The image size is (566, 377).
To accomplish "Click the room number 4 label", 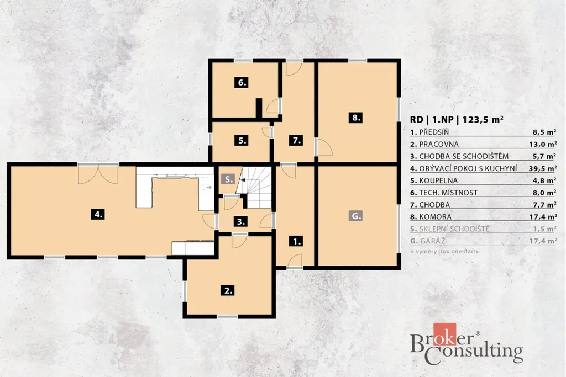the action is [98, 214].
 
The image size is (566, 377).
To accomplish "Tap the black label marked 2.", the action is [228, 290].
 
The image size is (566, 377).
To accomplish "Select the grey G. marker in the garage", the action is [356, 215].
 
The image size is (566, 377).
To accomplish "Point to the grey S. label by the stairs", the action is [228, 179].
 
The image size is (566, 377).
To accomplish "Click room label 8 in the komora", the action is [356, 118].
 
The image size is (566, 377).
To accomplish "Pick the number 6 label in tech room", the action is [242, 82].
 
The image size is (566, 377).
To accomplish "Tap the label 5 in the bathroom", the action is [242, 140].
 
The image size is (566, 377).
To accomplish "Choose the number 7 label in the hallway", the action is [296, 140].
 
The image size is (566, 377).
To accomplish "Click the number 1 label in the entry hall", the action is [296, 241].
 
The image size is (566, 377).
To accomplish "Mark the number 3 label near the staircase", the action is [241, 221].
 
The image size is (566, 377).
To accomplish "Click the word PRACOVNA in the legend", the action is [439, 144].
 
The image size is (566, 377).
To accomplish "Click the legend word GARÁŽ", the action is [432, 241].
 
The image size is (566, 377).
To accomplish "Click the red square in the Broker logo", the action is [445, 334].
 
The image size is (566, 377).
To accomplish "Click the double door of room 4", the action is [98, 174].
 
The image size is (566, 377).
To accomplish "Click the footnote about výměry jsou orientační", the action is [446, 252].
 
